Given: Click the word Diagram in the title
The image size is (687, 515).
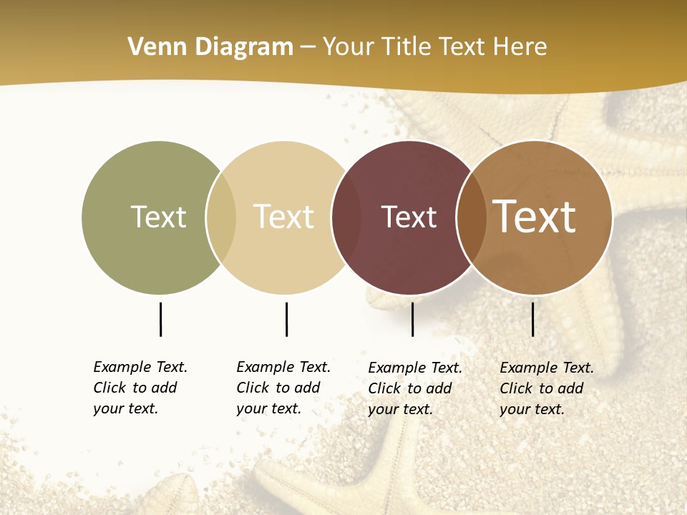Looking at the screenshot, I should click(x=243, y=47).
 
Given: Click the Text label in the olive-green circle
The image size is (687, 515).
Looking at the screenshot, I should click(x=158, y=217).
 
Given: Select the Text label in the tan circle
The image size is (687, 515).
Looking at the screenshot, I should click(x=283, y=217).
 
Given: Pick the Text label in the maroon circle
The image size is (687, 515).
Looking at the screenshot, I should click(x=409, y=217).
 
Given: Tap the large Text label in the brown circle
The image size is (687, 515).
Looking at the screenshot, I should click(x=535, y=217).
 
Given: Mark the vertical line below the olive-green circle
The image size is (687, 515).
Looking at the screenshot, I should click(x=160, y=319).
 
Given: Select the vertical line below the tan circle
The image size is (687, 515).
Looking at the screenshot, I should click(x=286, y=319).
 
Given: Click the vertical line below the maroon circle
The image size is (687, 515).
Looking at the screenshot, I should click(x=412, y=319).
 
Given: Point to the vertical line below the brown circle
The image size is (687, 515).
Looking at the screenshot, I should click(x=532, y=319).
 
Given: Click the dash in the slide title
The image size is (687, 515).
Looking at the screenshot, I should click(x=308, y=47).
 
